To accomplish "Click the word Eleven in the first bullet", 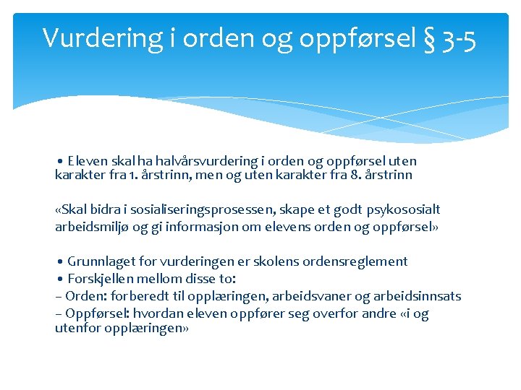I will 88,161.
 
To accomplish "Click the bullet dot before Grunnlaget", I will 61,261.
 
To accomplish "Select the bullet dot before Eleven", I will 61,161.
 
